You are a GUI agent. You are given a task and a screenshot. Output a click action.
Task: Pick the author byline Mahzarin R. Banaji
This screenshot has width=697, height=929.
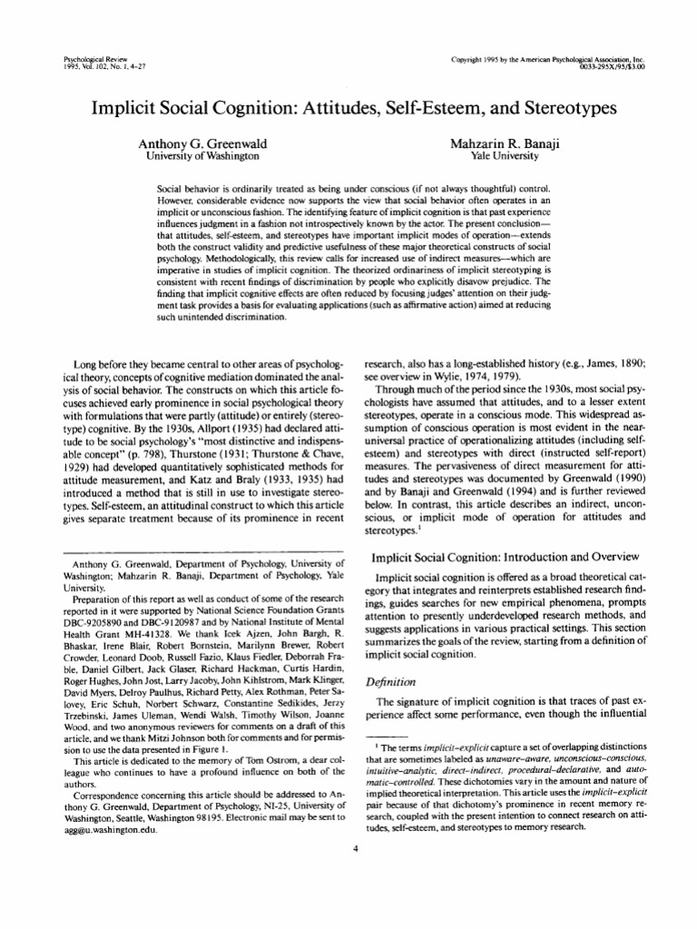coord(501,143)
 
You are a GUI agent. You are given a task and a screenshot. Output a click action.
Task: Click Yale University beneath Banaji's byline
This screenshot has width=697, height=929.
coord(501,156)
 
